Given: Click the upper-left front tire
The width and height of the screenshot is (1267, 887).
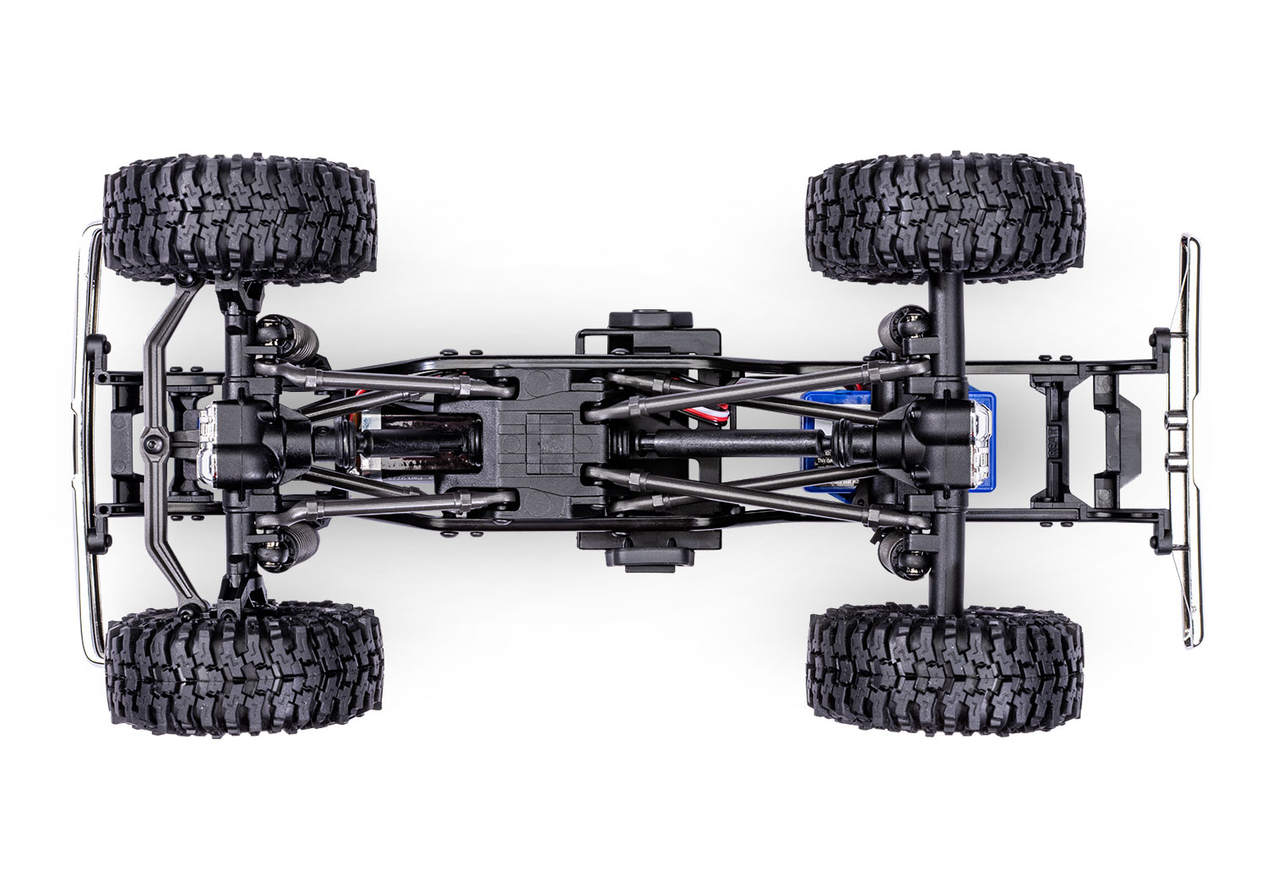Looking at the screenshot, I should [x=239, y=224].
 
